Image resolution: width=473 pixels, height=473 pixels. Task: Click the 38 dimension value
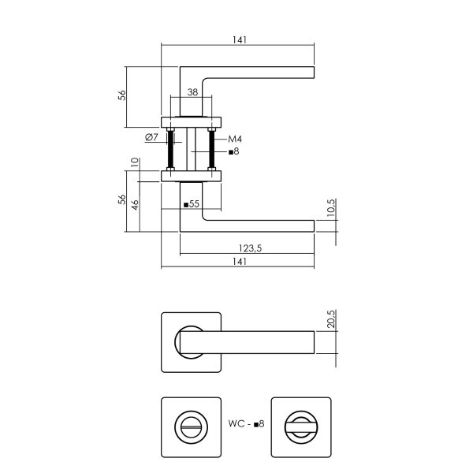point(192,91)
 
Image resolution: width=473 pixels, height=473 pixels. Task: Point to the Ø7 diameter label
point(152,138)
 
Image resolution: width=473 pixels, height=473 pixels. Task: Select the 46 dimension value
point(136,207)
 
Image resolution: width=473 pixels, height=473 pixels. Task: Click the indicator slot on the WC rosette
point(191,427)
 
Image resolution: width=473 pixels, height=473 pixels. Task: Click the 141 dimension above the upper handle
point(239,40)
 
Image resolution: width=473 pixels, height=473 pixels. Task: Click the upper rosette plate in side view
point(192,121)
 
